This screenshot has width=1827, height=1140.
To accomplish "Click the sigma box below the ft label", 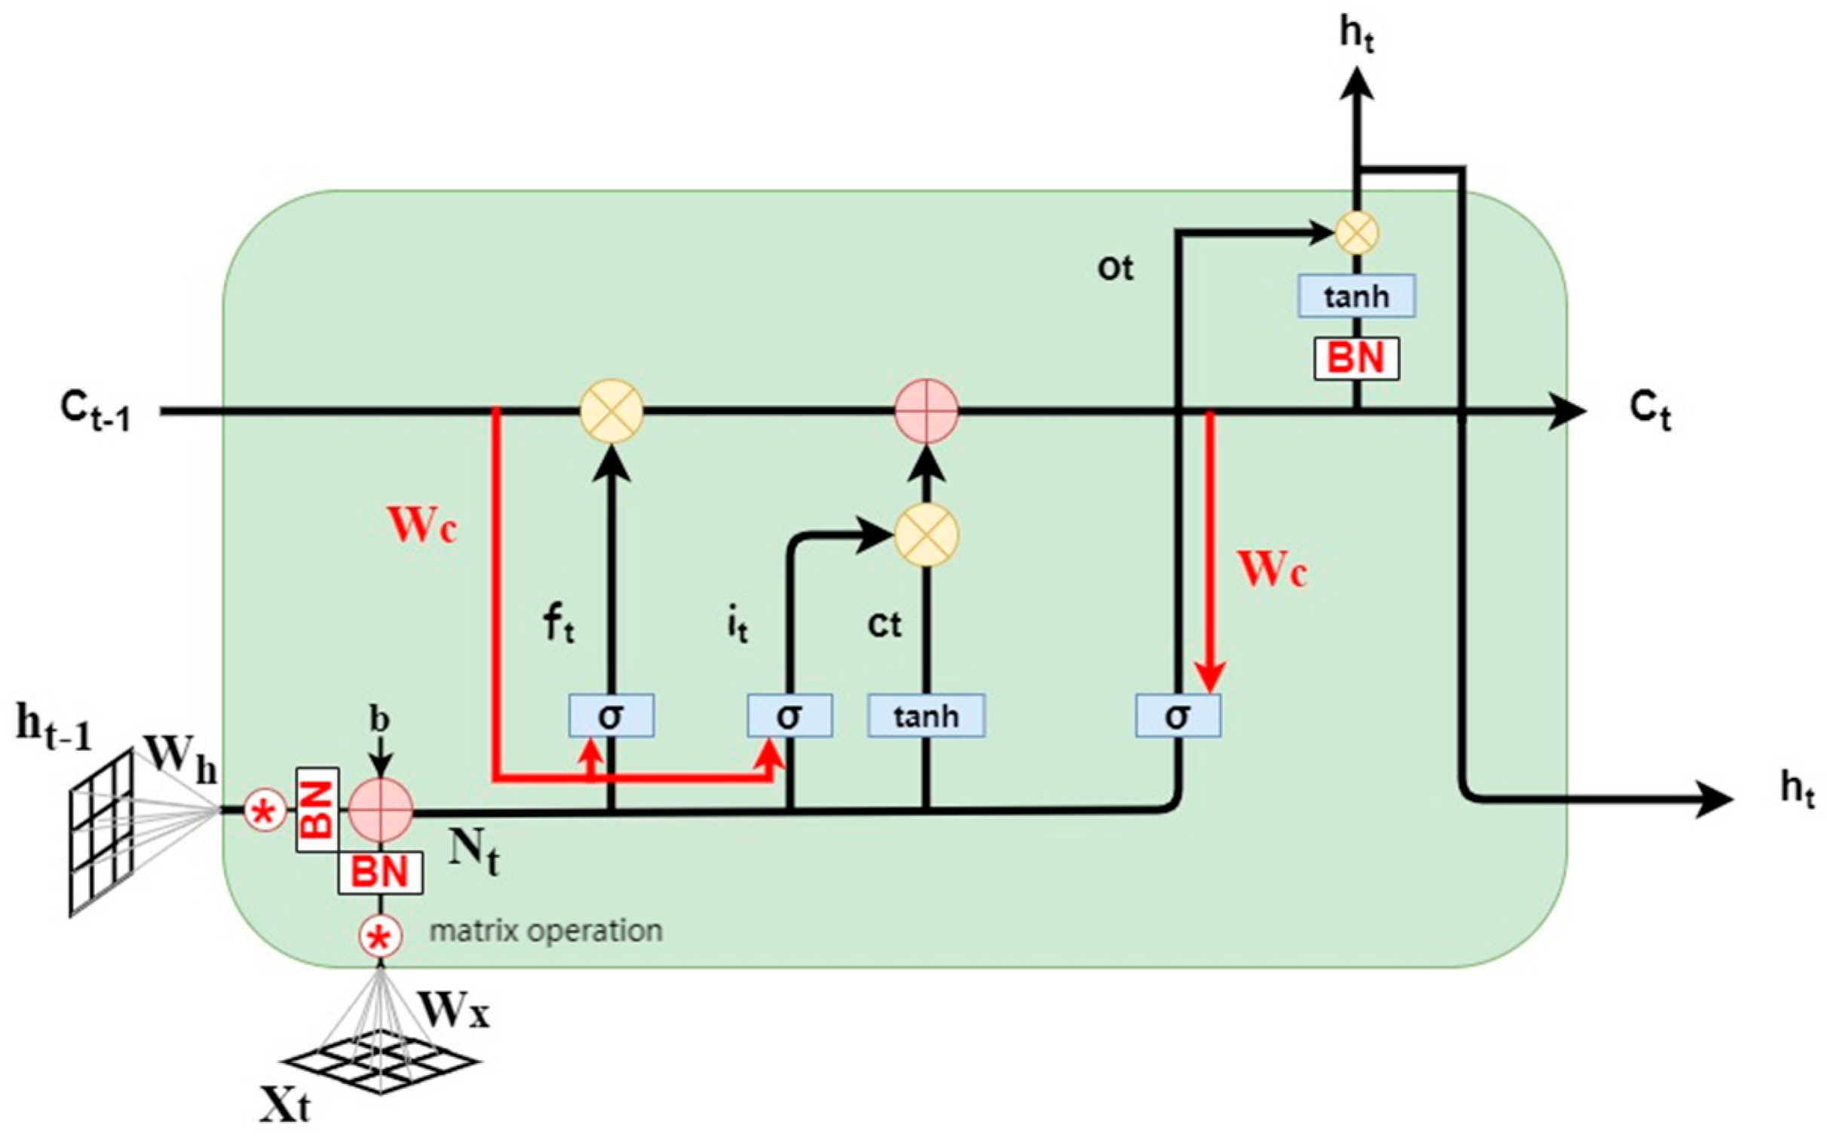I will (x=611, y=716).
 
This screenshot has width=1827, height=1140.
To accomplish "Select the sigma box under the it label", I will (x=789, y=716).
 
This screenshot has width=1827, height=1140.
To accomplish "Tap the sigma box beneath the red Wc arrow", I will (x=1178, y=716).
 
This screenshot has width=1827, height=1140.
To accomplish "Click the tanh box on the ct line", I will (x=926, y=716).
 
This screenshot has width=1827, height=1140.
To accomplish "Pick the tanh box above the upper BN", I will (x=1356, y=296).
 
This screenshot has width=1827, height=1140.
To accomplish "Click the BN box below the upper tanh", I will (x=1356, y=358).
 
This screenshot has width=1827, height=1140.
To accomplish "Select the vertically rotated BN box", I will (x=317, y=810).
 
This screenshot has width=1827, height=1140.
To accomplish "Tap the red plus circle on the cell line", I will (x=926, y=411).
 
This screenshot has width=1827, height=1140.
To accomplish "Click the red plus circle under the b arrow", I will (x=382, y=810).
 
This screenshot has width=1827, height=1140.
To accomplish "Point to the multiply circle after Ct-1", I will (x=611, y=411).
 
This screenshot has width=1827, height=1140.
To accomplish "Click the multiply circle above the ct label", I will (x=926, y=535).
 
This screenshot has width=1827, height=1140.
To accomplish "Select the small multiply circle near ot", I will (x=1356, y=232).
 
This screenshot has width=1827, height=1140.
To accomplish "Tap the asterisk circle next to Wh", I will (x=265, y=811).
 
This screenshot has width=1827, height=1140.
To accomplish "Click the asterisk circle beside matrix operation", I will (x=380, y=936).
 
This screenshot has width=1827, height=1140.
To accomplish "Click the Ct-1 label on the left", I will (x=95, y=411).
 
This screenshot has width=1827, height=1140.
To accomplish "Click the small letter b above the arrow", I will (x=379, y=719).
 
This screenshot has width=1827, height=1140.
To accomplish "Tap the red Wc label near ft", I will (x=421, y=526).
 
